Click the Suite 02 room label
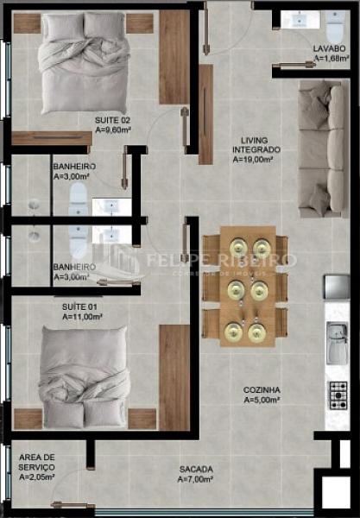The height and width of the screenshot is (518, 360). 112,119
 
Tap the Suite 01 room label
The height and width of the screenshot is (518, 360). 79,306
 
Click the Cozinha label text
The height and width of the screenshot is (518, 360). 261,389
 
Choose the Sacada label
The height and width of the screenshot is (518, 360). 194,469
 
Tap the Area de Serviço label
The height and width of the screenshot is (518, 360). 36,461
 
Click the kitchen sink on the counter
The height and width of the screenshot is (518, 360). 335,344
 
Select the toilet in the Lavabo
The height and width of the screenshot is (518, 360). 332,20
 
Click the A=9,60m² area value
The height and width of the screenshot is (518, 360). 113,130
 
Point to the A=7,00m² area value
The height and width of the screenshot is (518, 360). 194,479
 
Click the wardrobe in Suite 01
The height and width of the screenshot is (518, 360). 174,376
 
